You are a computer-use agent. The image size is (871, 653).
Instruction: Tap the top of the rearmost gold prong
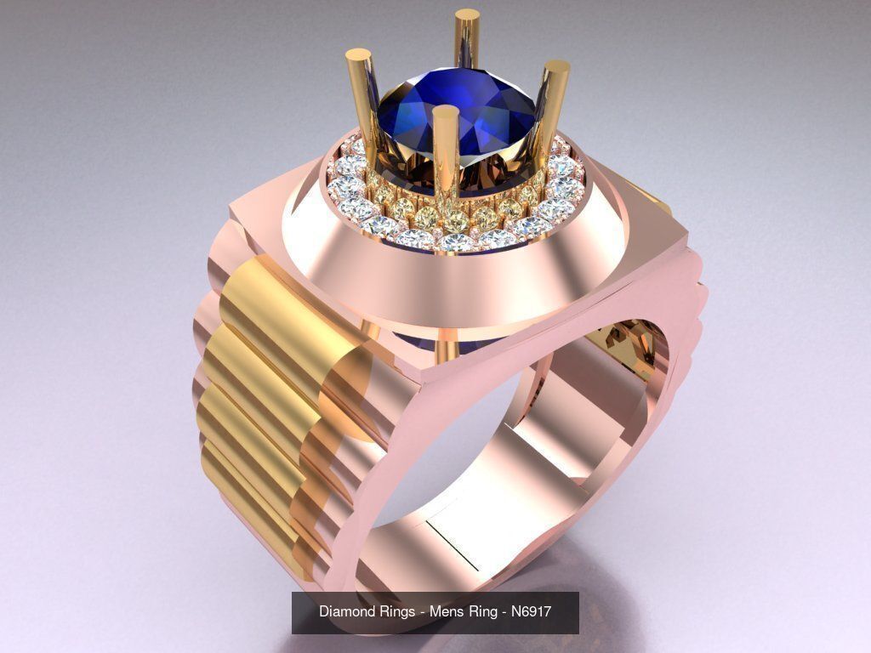pos(468,15)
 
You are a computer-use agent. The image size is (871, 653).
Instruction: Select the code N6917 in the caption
pos(532,611)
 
